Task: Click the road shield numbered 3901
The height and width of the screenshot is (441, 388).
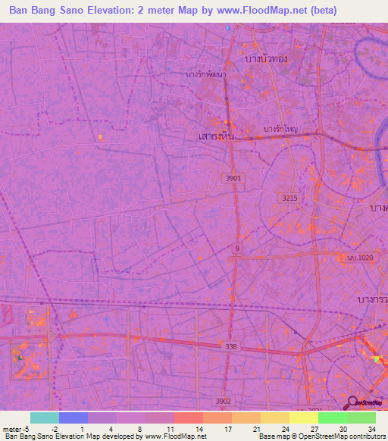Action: click(233, 177)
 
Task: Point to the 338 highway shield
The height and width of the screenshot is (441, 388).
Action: click(230, 346)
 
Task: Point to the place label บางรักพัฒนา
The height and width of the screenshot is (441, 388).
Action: click(206, 74)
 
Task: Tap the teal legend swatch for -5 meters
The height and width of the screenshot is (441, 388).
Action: click(44, 418)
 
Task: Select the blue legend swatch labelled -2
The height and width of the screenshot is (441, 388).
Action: click(73, 418)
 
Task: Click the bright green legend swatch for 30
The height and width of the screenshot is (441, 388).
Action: click(332, 418)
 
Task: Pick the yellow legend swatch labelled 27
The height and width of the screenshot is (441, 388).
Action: click(303, 418)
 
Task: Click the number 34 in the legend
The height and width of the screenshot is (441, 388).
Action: click(371, 428)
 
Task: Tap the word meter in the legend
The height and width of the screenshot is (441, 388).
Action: click(12, 428)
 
